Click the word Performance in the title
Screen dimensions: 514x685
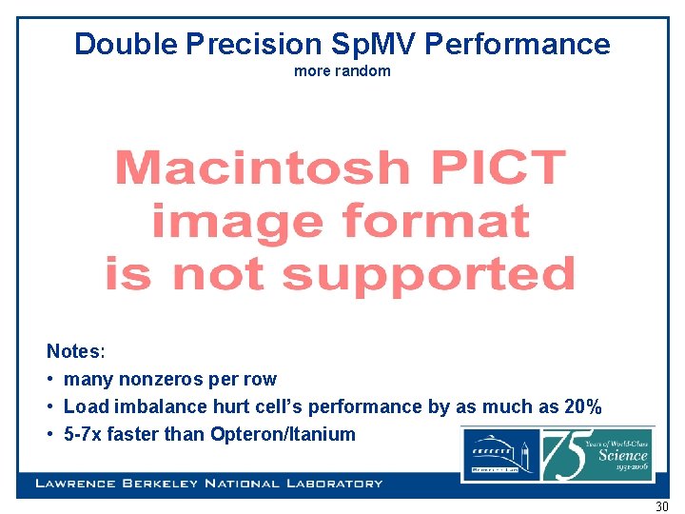[519, 44]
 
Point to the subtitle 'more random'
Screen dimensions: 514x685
[342, 71]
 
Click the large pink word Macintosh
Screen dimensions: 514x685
[261, 168]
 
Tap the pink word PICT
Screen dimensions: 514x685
[493, 168]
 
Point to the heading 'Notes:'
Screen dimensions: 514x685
[76, 351]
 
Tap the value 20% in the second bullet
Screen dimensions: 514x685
[582, 406]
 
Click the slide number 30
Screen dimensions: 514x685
[661, 506]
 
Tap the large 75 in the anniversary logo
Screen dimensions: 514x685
[568, 455]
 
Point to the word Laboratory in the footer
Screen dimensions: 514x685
[328, 484]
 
